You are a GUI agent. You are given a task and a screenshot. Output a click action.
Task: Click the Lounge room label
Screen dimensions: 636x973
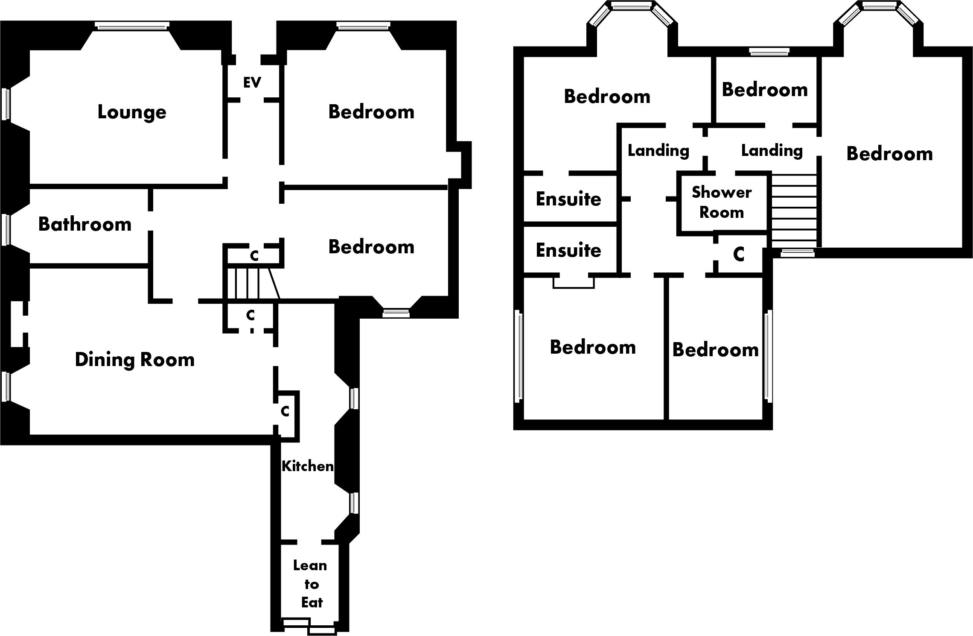[x=132, y=112]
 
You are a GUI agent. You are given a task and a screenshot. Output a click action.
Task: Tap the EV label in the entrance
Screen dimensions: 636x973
[x=252, y=82]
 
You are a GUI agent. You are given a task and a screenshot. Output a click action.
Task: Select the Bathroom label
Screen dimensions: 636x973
[x=84, y=225]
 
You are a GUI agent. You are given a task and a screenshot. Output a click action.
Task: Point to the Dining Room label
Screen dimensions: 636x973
[x=134, y=360]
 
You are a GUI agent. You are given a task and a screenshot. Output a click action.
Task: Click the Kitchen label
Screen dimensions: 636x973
[x=307, y=466]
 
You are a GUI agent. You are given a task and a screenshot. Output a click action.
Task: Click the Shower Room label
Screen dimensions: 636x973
[x=721, y=202]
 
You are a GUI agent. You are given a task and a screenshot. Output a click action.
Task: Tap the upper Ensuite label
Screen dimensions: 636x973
[x=568, y=199]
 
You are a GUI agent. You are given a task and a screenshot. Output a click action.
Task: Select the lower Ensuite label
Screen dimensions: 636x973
[x=568, y=250]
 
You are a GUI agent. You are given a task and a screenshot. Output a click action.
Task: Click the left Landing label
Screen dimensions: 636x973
[x=658, y=150]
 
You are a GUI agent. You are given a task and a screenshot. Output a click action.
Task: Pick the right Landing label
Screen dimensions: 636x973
[x=772, y=150]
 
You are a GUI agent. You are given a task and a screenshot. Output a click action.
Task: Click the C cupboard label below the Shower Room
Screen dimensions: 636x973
[x=739, y=255]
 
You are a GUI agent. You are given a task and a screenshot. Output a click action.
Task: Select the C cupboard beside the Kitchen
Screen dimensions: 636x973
[x=285, y=412]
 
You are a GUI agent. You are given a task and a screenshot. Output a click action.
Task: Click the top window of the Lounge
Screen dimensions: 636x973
[x=132, y=26]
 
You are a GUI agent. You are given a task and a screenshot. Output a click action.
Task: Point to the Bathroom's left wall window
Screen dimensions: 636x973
[x=6, y=230]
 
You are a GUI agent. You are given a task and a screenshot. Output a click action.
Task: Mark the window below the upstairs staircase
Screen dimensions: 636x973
[x=797, y=253]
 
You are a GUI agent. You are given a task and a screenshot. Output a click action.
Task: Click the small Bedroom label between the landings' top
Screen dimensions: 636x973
[x=765, y=90]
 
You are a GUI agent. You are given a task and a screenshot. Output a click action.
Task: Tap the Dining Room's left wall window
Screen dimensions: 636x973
[x=6, y=387]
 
